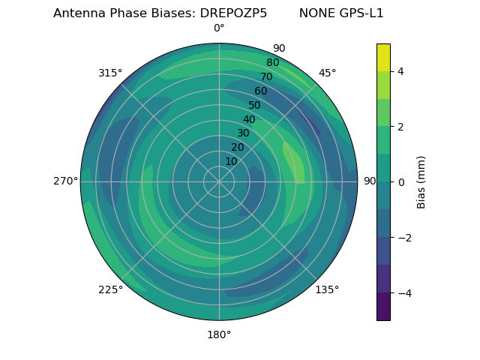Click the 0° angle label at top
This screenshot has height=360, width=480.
tap(219, 28)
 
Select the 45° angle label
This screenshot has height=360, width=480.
tap(327, 73)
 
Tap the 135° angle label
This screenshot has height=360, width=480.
tap(327, 289)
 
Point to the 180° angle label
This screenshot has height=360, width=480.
tap(219, 334)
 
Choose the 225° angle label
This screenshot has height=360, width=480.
tap(110, 289)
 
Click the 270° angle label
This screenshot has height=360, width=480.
tap(65, 181)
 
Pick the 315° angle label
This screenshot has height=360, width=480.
tap(110, 73)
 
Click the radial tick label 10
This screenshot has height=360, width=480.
tap(231, 161)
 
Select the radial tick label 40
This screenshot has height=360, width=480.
tap(249, 119)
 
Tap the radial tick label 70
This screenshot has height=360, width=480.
tap(266, 76)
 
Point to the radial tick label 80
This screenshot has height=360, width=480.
tap(272, 63)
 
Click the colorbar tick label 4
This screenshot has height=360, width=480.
tap(400, 71)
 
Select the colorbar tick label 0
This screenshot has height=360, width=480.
tap(400, 181)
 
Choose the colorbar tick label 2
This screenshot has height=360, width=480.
tap(400, 127)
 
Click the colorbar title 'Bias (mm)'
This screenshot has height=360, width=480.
tap(421, 181)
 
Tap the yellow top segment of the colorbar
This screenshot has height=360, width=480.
tap(383, 57)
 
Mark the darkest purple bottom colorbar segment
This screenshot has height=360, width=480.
tap(383, 307)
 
